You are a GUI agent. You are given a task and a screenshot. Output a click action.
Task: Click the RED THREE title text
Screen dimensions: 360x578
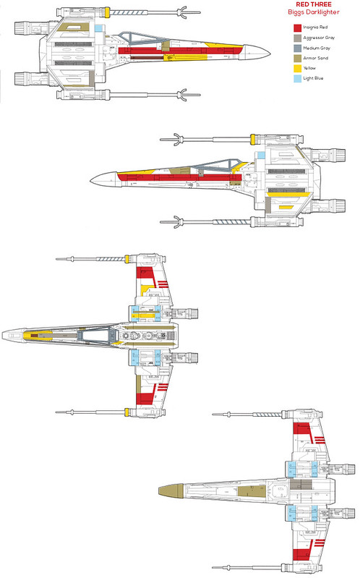[314, 4]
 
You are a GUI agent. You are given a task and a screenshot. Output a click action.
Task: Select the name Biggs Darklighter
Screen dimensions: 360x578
[314, 12]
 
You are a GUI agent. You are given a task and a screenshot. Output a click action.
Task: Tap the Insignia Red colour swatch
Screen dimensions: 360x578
[297, 27]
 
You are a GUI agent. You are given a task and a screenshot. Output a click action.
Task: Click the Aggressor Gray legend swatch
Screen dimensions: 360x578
[297, 38]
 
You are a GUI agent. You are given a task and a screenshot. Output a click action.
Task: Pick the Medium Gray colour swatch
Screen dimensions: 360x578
[297, 48]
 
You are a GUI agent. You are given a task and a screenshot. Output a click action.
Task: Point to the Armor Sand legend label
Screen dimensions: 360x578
[315, 58]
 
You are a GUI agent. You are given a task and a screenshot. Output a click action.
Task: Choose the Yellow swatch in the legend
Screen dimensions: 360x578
[297, 69]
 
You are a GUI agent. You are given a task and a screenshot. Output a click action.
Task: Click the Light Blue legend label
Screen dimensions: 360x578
[313, 78]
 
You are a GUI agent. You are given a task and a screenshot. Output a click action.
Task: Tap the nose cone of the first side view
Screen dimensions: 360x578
[257, 52]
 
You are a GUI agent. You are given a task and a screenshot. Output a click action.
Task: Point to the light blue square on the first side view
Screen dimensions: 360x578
[98, 28]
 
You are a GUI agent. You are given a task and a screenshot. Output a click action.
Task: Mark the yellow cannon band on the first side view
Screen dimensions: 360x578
[107, 12]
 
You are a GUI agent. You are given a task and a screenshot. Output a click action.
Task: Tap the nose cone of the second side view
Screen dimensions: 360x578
[104, 179]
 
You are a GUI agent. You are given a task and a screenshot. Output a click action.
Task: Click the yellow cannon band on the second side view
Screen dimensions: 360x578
[253, 140]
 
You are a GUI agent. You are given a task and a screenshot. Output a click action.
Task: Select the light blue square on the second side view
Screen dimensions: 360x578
[261, 156]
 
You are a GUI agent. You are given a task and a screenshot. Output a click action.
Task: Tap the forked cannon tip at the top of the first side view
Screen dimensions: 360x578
[185, 12]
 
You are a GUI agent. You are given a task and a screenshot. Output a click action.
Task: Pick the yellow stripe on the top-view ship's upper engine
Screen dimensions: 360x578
[146, 315]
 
